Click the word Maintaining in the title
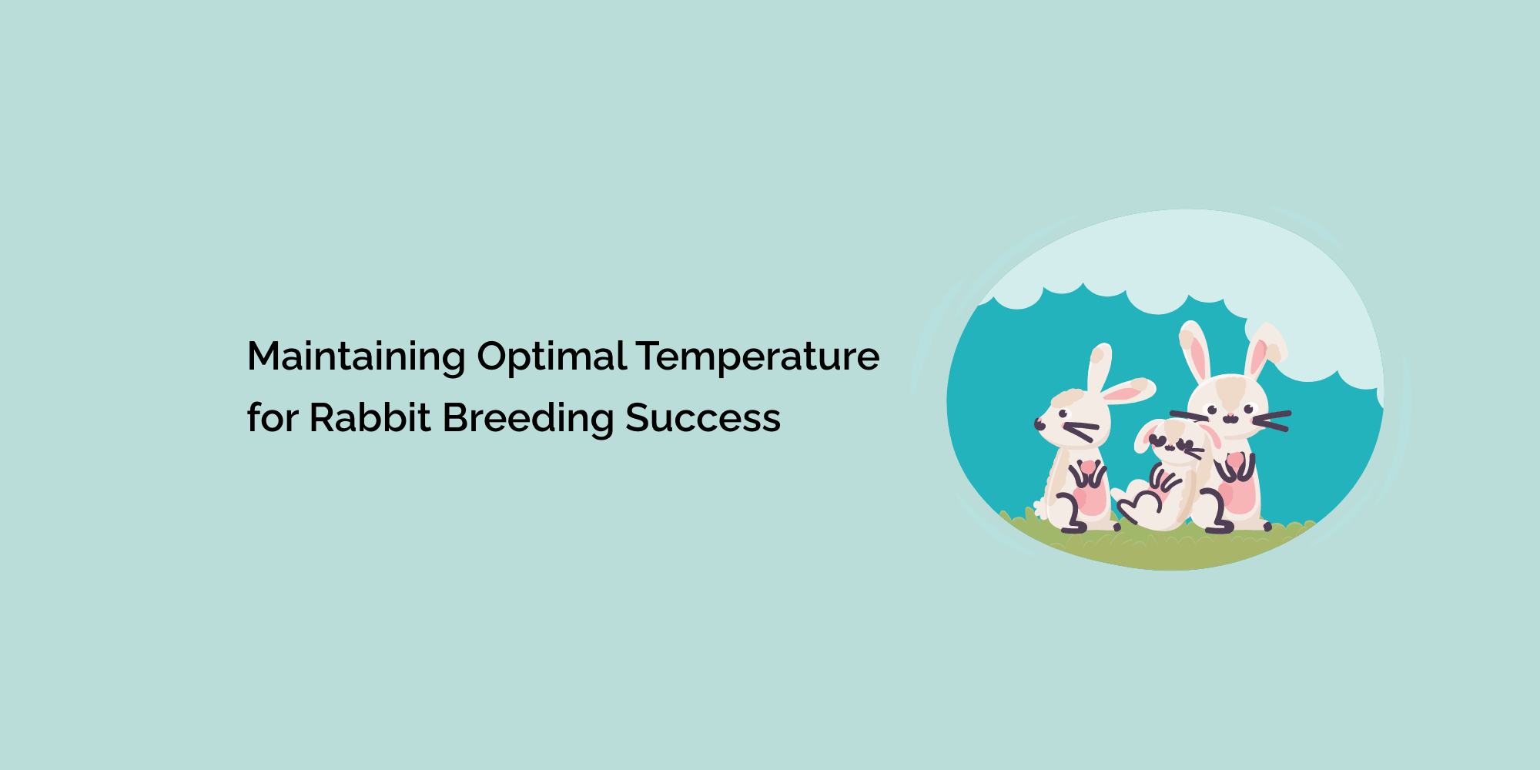[356, 357]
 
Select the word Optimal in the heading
[551, 357]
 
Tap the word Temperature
[758, 357]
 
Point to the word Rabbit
[370, 418]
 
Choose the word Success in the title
[702, 418]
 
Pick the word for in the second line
[272, 418]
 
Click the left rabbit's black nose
[1038, 424]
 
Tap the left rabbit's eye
[1063, 415]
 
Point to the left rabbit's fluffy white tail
[1041, 508]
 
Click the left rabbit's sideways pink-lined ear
[1128, 391]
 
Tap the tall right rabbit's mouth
[1230, 418]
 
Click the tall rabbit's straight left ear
[1195, 350]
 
